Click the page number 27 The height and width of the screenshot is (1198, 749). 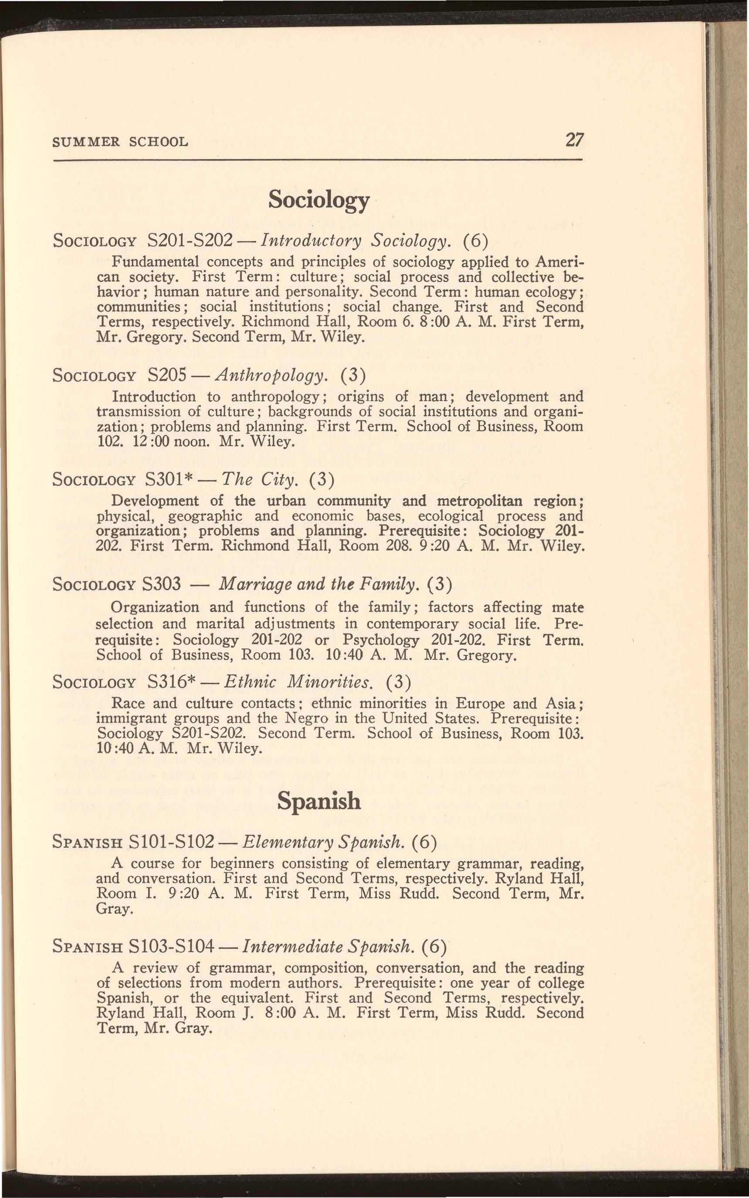[575, 141]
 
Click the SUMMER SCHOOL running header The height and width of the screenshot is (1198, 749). [120, 142]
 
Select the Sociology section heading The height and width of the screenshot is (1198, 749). [319, 200]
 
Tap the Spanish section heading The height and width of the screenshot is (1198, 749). [319, 800]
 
